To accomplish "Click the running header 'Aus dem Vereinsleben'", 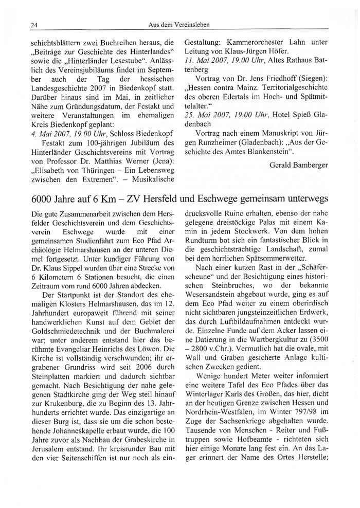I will [179, 25].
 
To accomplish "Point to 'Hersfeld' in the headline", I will [174, 185].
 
